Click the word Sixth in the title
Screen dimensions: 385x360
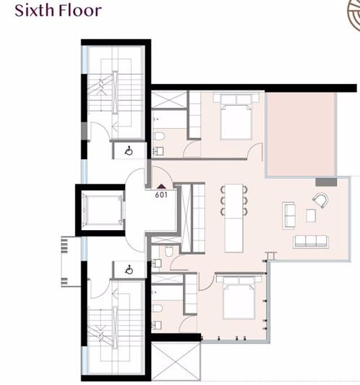(33, 11)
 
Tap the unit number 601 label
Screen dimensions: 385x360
(161, 194)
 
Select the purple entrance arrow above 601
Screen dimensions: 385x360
(161, 186)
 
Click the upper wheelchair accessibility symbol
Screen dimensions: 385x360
(129, 151)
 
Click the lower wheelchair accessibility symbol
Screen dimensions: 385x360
(129, 269)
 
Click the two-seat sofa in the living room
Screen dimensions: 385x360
(288, 213)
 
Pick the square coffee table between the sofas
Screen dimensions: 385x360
(311, 215)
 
